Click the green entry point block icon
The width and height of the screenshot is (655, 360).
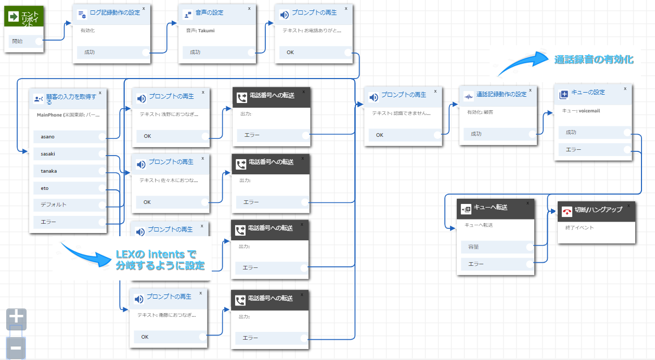(14, 17)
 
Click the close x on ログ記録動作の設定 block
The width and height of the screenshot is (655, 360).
(144, 9)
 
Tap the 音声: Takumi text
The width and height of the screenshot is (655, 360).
(200, 31)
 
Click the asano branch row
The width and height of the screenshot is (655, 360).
(68, 137)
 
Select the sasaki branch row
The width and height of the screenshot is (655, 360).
(68, 154)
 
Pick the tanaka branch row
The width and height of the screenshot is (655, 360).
(68, 171)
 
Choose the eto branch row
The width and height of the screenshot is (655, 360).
(68, 188)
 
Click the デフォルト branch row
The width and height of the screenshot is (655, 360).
(68, 204)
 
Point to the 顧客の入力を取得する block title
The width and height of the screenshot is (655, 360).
(71, 99)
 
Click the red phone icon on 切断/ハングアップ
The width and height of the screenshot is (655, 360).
(567, 211)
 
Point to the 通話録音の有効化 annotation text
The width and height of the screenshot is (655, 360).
(594, 59)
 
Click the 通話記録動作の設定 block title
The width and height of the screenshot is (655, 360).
(501, 95)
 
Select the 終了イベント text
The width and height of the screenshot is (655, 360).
(579, 228)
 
